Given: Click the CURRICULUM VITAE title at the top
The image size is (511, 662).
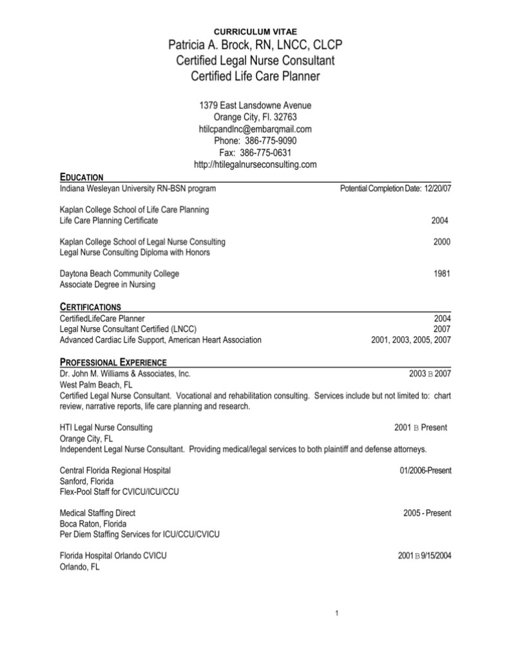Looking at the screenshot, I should coord(255,32).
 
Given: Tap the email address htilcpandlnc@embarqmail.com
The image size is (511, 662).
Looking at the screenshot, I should coord(255,129).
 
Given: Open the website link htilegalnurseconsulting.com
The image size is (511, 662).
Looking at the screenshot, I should coord(255,165).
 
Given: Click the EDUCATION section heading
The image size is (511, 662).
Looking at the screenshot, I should coord(81,177).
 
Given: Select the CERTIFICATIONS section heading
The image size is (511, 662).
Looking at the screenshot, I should coord(90,306).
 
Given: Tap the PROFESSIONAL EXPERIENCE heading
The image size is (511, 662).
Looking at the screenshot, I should coord(113,361).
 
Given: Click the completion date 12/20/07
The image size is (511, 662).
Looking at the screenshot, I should coord(438,188).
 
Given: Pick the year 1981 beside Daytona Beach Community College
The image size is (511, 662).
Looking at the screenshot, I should coord(442,274).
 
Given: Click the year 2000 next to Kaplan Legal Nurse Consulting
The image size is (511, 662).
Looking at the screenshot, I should coord(442,241).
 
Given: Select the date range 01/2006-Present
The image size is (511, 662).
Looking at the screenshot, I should coord(425,470).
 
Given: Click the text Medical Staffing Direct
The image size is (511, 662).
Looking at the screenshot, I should coord(97,513).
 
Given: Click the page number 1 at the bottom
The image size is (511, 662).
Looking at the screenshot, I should coord(338,612).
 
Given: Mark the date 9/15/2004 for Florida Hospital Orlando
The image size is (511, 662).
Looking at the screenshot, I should coord(436,556).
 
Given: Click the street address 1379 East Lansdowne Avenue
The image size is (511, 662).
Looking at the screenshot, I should coord(255,105).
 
